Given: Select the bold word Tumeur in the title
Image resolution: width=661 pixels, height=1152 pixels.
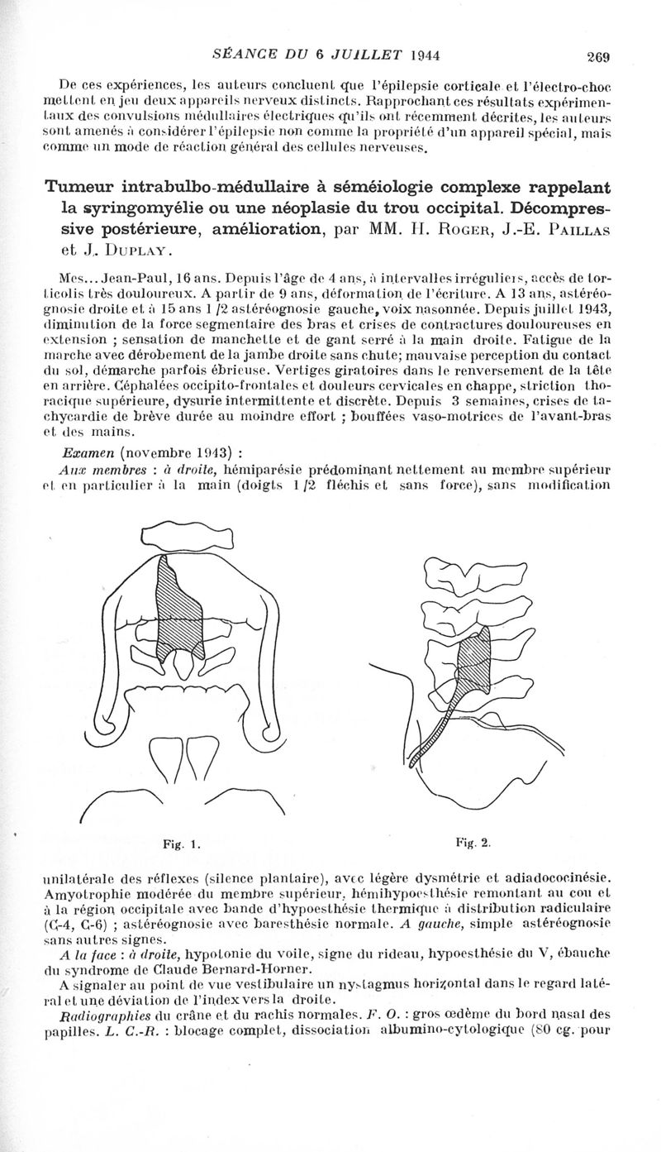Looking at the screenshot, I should click(84, 186).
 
